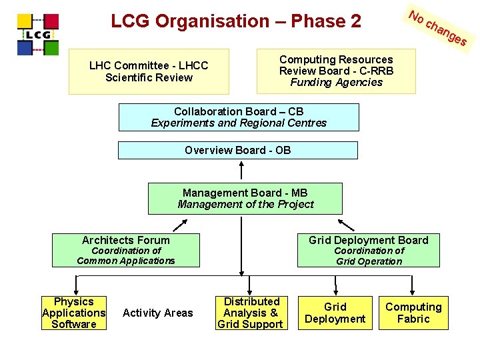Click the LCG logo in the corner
[38, 33]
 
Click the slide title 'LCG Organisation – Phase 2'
[236, 21]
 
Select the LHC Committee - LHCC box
[149, 71]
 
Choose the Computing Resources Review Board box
[336, 71]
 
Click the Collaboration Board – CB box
[239, 117]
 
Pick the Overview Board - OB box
[238, 150]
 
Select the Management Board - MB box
[245, 199]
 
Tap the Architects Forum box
[126, 250]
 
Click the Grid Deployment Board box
[368, 250]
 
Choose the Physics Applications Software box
[74, 313]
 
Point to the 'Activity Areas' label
[158, 313]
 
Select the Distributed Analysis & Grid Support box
[251, 313]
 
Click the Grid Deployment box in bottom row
[335, 313]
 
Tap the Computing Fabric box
[413, 313]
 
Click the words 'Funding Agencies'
[336, 83]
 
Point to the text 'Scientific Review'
[149, 77]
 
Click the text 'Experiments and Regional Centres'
[239, 123]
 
